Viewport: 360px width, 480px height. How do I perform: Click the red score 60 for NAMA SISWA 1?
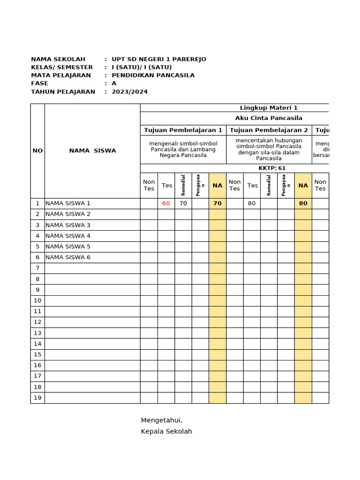pos(166,203)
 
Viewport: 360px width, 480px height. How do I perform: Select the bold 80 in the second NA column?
pos(303,203)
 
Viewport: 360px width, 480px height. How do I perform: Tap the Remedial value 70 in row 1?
pos(183,203)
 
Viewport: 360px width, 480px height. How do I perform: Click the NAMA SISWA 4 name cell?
pos(68,236)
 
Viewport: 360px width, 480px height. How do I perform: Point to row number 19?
pos(37,398)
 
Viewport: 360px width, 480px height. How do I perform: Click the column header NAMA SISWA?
pos(92,150)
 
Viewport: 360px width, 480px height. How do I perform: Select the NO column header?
pos(37,150)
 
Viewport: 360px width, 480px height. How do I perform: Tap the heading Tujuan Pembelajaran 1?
pos(183,130)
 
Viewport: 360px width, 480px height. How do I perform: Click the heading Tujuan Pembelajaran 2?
pos(269,130)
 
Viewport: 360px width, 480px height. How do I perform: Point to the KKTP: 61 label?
pos(272,168)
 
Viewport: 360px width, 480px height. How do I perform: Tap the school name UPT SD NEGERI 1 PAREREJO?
pos(158,59)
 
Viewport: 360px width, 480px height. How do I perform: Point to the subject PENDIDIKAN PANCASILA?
pos(153,75)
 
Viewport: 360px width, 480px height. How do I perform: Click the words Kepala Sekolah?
pos(166,431)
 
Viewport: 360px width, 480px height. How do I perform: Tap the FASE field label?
pos(39,83)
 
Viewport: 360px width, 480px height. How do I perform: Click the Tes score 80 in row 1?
pos(252,203)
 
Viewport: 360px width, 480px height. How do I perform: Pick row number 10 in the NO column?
pos(37,300)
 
